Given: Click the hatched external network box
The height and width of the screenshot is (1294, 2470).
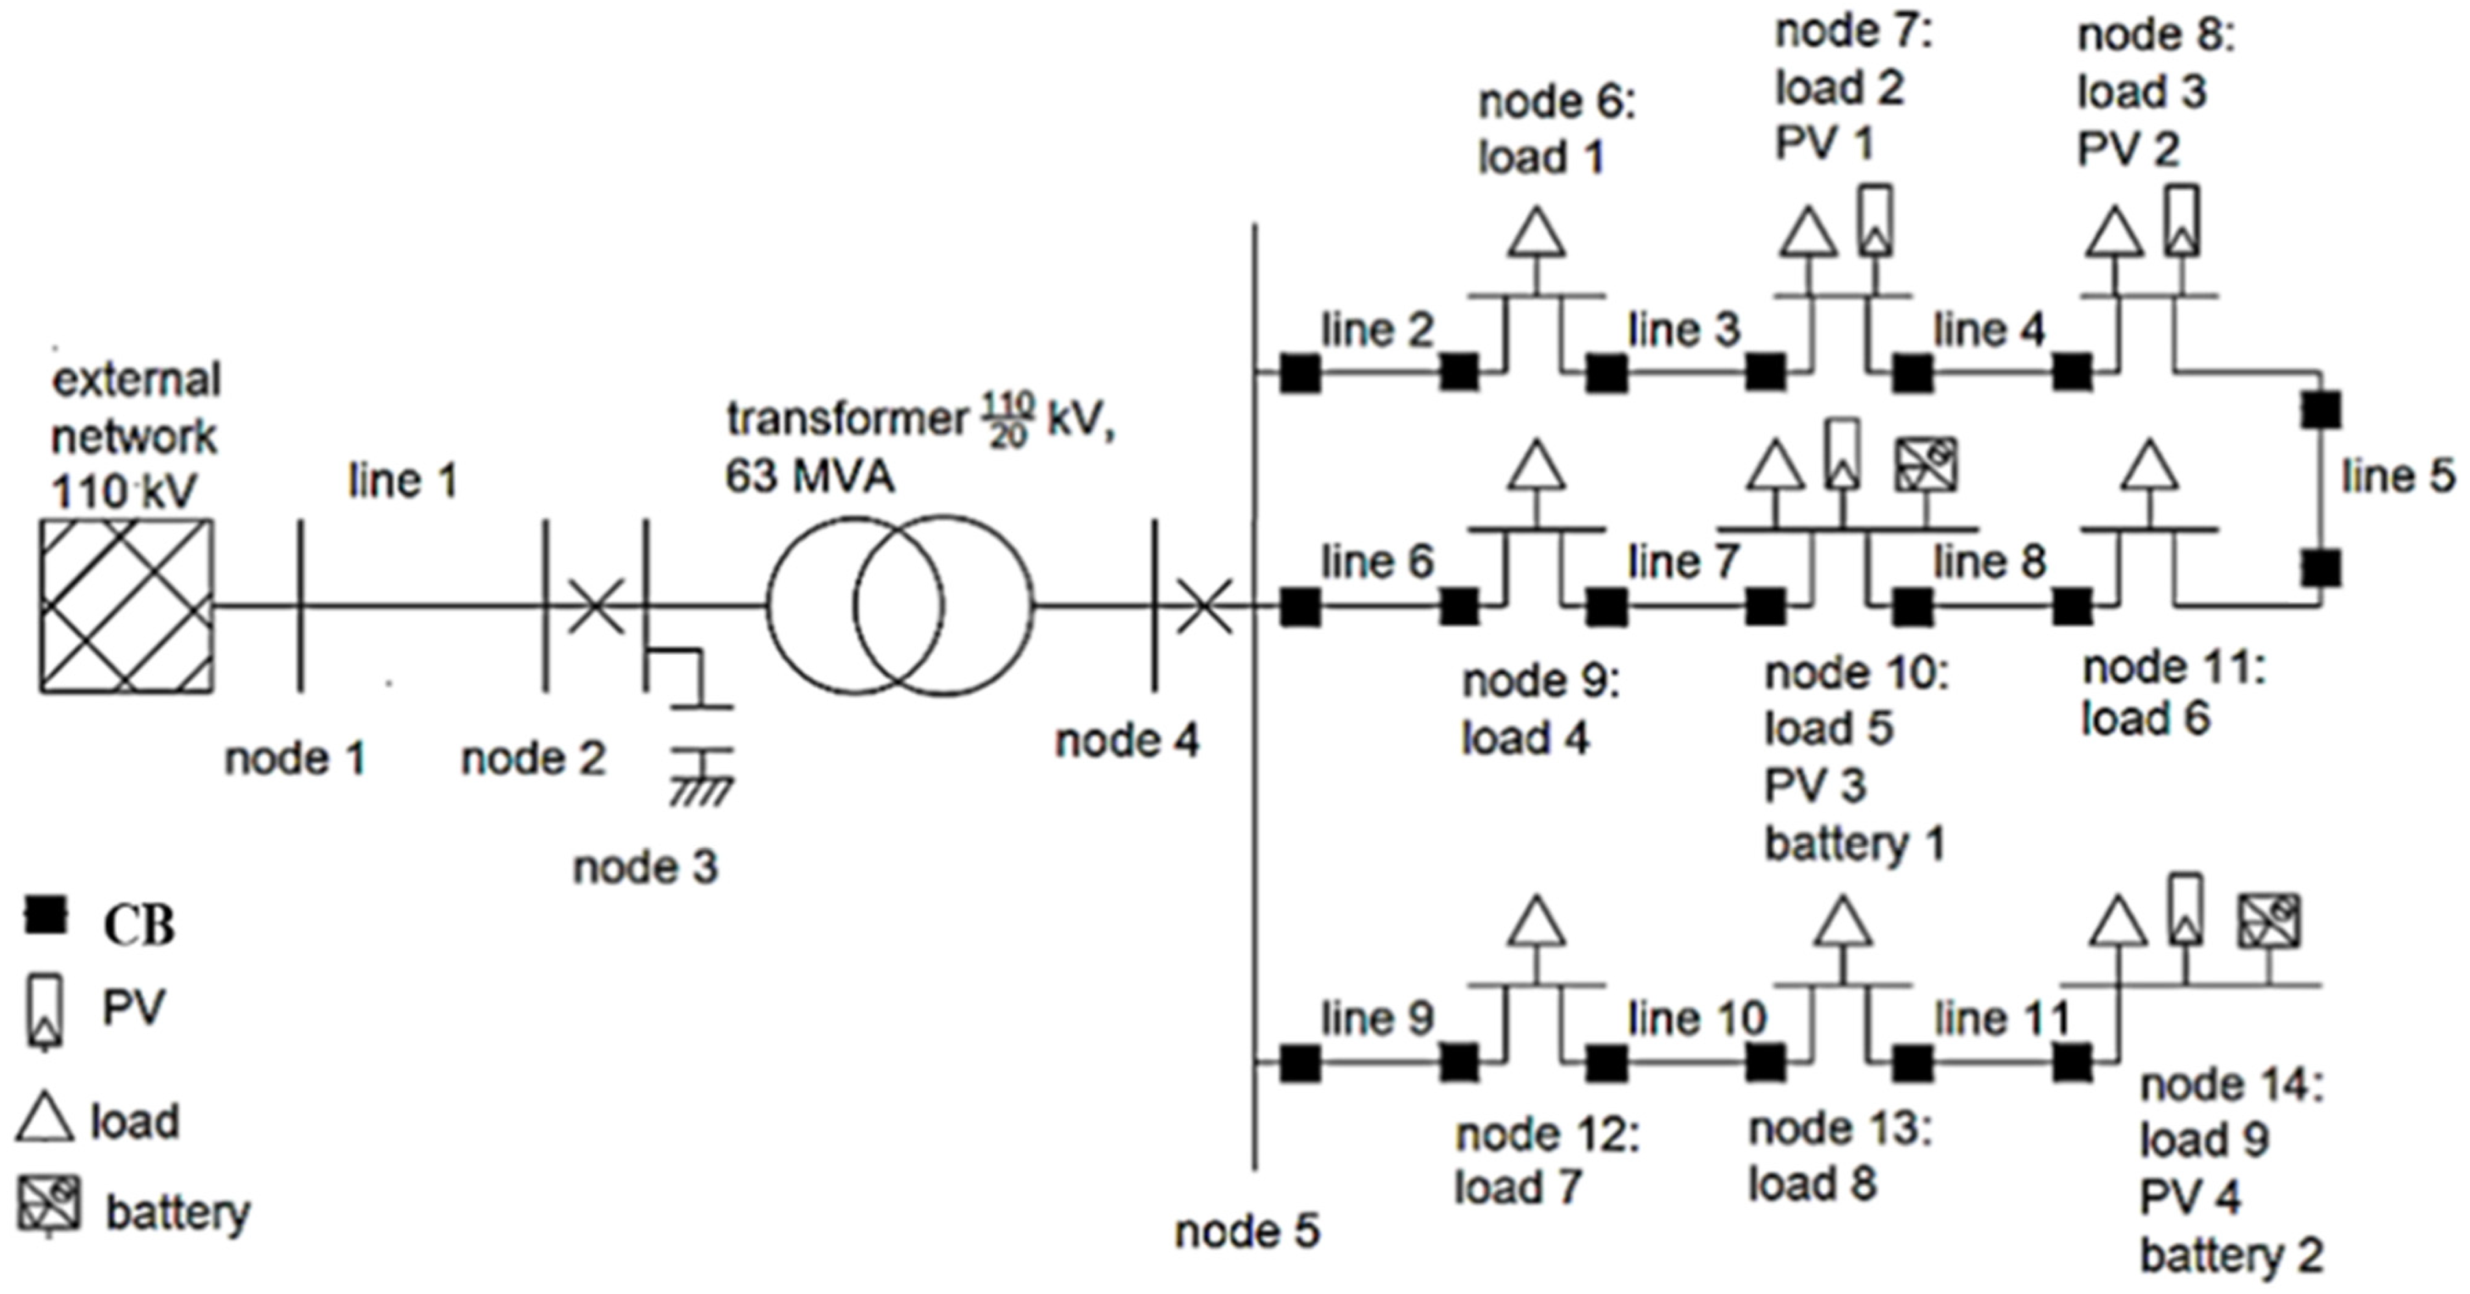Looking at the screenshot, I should tap(126, 606).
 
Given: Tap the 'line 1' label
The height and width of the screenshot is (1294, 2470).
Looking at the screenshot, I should tap(403, 481).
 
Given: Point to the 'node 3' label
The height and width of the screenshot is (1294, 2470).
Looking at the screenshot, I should tap(645, 867).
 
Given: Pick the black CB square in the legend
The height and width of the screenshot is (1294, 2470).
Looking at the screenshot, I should tap(45, 915).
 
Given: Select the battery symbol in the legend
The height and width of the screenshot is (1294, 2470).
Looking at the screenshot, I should tap(49, 1205).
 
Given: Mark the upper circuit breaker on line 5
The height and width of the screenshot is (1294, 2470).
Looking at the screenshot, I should tap(2320, 410).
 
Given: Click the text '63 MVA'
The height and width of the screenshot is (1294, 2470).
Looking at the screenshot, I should tap(809, 476).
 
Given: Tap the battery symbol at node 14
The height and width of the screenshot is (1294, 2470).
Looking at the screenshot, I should tap(2268, 922).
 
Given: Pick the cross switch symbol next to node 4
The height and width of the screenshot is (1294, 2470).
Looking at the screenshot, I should tap(1204, 606).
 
